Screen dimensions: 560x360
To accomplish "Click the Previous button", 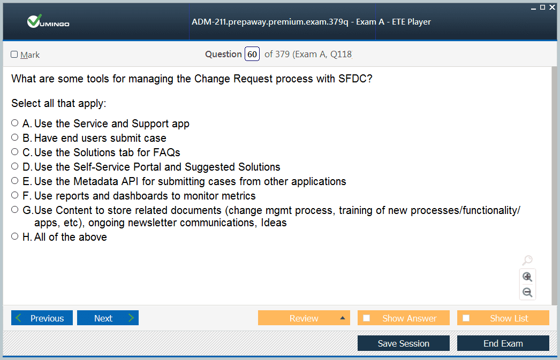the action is click(42, 318).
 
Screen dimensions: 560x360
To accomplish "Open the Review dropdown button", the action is click(304, 318).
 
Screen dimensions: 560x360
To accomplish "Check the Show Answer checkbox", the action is click(366, 318).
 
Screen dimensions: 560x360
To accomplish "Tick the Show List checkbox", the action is click(466, 318).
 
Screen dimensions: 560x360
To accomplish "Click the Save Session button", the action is click(404, 343).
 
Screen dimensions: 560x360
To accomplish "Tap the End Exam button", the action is click(503, 343).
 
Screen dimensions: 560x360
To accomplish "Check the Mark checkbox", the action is click(14, 54).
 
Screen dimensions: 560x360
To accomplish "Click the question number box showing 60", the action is click(252, 54).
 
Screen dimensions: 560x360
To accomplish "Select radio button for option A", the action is click(14, 123).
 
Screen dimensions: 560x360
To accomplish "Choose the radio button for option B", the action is click(14, 137).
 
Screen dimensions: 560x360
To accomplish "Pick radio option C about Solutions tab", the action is click(14, 151).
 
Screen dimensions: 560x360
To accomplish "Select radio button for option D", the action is click(14, 166).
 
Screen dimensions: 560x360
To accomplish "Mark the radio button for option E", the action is click(14, 181).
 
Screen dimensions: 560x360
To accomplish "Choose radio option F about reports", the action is click(14, 195).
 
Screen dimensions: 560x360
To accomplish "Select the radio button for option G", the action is click(14, 210).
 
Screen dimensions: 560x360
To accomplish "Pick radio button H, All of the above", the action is click(14, 236).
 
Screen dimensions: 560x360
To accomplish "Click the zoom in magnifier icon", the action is click(527, 277).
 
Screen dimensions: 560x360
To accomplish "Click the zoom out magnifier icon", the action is click(527, 293).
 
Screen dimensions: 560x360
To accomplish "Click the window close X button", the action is click(552, 7).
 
